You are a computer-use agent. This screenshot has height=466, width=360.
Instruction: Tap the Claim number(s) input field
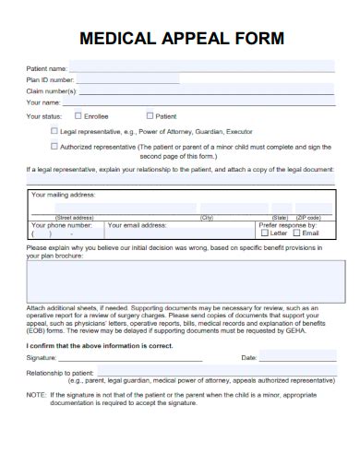tap(208, 90)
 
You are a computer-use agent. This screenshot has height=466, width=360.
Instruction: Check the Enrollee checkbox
tap(78, 116)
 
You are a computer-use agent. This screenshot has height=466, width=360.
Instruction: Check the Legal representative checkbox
tap(54, 131)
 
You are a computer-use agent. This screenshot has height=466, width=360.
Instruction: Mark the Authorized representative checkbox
tap(54, 146)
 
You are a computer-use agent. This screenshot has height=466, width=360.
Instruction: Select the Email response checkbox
tap(296, 233)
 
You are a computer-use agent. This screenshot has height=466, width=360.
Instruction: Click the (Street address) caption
tap(75, 217)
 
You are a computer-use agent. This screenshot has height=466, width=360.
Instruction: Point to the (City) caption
tap(207, 217)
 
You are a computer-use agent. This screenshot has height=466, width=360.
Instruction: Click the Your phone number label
tap(62, 224)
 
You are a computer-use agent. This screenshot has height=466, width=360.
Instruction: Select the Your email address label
tap(137, 224)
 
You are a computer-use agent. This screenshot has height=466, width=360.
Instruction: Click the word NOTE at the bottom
tap(36, 394)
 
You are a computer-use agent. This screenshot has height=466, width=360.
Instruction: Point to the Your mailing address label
tap(64, 196)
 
